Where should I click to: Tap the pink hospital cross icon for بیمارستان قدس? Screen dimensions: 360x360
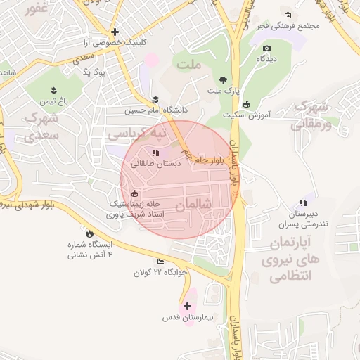pos(187,306)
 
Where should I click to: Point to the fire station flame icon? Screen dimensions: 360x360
pos(89,233)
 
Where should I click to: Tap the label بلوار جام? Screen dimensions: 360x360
pos(212,161)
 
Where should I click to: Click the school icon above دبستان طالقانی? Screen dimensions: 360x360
pos(155,152)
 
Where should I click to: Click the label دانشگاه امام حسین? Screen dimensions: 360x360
pos(155,110)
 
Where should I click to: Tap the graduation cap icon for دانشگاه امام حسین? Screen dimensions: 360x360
pos(155,100)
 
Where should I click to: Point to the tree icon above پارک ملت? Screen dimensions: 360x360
pos(224,79)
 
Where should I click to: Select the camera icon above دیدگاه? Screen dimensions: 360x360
pos(266,49)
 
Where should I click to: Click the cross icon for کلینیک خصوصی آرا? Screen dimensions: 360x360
pos(115,32)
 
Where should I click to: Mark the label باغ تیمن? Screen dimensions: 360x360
pos(53,101)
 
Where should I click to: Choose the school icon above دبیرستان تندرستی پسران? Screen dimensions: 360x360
pos(303,203)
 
